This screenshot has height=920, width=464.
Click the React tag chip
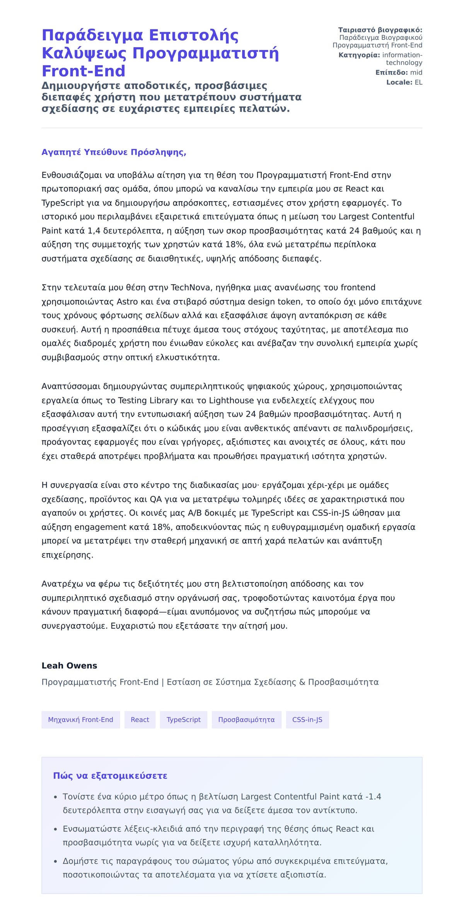140,720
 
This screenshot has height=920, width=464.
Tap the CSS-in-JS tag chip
307,720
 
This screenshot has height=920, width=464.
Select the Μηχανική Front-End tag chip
80,720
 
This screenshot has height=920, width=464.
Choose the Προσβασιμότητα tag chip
246,720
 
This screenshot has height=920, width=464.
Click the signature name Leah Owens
69,666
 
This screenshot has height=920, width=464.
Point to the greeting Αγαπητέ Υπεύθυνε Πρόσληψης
114,152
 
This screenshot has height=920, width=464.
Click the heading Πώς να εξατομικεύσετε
110,776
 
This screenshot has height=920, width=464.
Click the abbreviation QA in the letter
155,499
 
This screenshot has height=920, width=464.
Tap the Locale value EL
418,82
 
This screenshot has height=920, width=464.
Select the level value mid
416,73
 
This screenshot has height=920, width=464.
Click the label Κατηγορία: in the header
359,55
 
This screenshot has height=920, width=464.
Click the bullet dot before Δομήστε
55,862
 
